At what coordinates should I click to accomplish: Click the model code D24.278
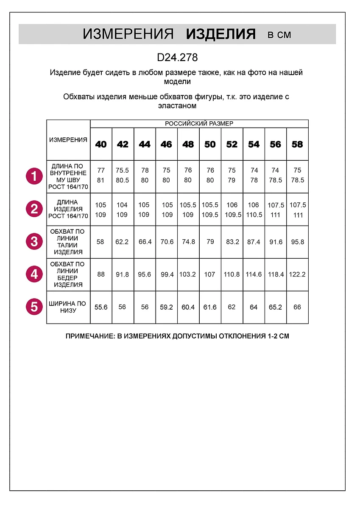pos(177,57)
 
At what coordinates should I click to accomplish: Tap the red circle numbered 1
pos(34,176)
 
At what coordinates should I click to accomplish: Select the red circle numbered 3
pos(34,242)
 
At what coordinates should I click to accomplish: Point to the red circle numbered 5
pos(34,307)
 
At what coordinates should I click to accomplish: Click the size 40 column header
pos(101,144)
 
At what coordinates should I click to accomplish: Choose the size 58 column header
pos(297,144)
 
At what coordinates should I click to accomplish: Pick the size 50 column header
pos(210,144)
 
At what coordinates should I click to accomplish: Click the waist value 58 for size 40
pos(101,242)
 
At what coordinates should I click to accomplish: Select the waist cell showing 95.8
pos(297,242)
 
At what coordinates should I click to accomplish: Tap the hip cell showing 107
pos(210,274)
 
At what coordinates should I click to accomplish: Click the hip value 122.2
pos(297,274)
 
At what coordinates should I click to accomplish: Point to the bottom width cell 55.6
pos(101,307)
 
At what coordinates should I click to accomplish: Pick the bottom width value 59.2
pos(166,307)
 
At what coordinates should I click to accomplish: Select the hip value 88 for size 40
pos(101,274)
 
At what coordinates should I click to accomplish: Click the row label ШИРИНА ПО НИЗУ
pos(68,307)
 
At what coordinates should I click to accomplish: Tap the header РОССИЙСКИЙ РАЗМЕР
pos(199,124)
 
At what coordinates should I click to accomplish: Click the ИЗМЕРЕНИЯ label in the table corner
pos(68,140)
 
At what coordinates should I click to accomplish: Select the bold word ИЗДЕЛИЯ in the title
pos(220,34)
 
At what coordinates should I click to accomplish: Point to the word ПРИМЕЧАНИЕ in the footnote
pos(89,336)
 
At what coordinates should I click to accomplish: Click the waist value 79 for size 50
pos(210,242)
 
